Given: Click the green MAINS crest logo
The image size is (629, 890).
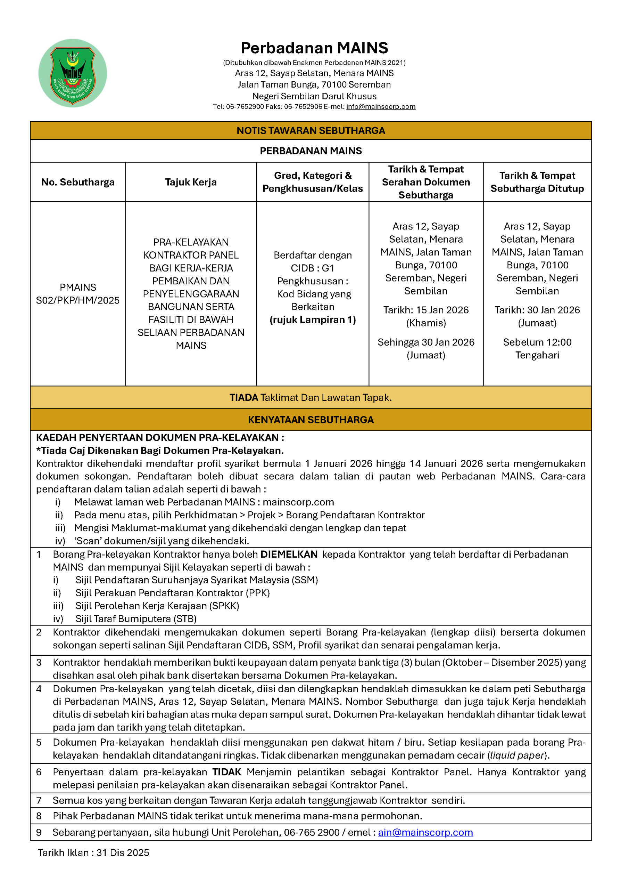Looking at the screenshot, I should click(73, 73).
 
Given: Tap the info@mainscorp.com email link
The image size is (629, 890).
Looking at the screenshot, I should click(380, 107).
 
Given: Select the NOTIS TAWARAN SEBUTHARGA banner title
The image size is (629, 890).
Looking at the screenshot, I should click(311, 131).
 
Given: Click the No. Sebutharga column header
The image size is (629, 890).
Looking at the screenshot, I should click(78, 182).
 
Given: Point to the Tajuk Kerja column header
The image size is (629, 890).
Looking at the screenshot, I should click(191, 182).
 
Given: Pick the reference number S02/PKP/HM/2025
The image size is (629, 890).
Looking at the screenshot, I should click(78, 300).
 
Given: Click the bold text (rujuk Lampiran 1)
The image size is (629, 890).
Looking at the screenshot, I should click(313, 320).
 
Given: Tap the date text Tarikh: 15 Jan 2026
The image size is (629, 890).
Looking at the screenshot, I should click(426, 310).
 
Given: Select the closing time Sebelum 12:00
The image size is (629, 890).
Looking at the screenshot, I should click(537, 342).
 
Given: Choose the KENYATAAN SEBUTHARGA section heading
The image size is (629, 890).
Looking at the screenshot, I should click(311, 420).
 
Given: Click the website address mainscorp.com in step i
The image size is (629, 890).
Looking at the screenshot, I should click(298, 502).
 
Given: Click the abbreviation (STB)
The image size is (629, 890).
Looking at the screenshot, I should click(184, 619).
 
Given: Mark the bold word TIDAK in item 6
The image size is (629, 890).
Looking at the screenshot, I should click(226, 772).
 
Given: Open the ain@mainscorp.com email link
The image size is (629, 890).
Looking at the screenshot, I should click(425, 833).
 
